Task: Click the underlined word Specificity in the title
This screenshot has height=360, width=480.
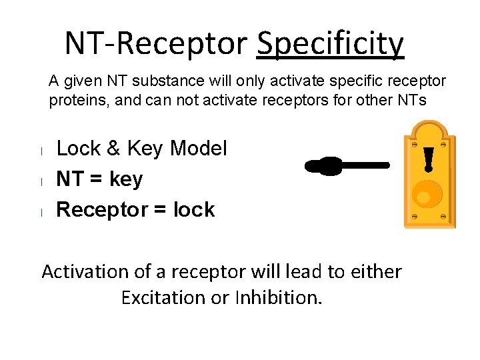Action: coord(331,45)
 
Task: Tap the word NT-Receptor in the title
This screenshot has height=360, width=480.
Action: coord(157,44)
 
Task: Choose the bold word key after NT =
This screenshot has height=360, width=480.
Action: coord(127,179)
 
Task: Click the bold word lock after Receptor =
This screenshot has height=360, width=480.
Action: coord(194,210)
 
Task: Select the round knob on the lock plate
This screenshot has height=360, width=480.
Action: coord(422,195)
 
